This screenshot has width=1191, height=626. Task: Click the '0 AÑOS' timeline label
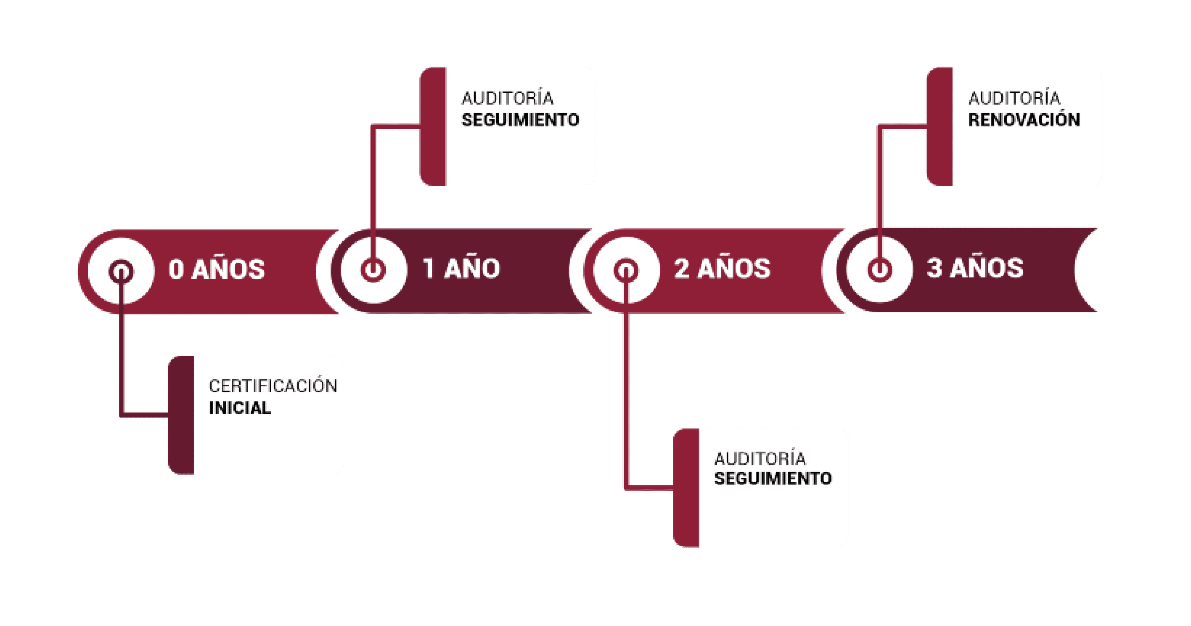[x=217, y=269]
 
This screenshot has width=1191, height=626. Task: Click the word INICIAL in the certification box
[x=240, y=408]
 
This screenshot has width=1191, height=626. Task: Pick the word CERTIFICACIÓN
[x=273, y=386]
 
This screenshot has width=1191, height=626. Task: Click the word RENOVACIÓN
[x=1024, y=120]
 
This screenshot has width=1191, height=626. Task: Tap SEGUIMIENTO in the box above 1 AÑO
[x=520, y=120]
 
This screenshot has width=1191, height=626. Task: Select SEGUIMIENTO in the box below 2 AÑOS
[x=773, y=478]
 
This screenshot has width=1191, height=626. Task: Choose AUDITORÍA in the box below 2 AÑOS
[x=760, y=459]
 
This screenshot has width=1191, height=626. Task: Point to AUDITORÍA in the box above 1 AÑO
[x=507, y=98]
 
